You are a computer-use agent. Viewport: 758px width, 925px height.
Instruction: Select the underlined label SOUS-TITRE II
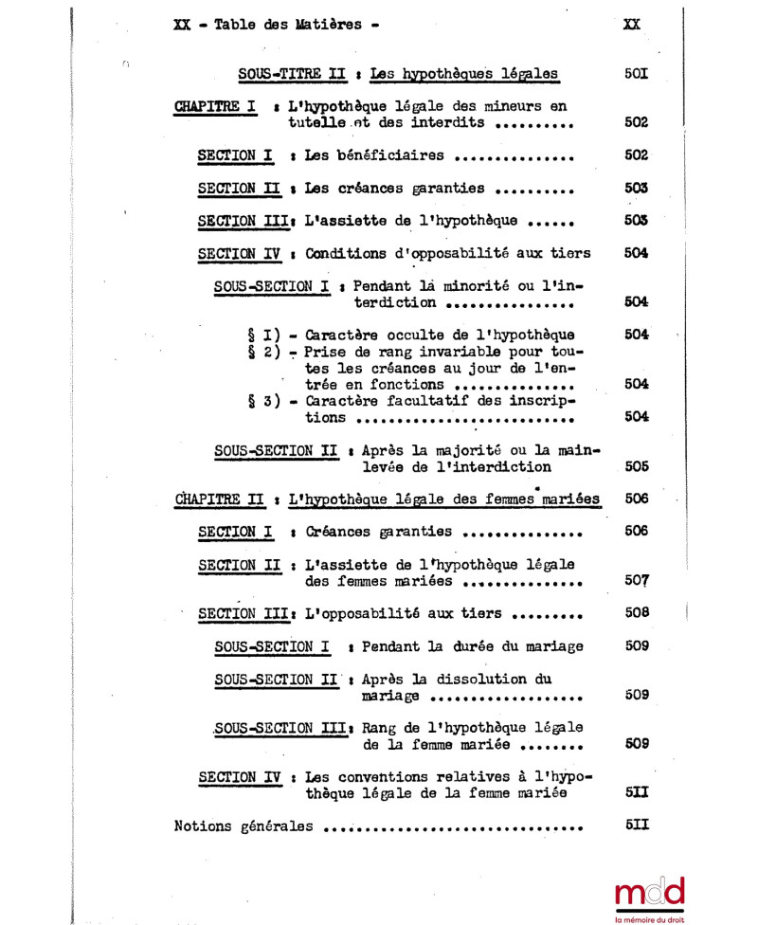point(287,73)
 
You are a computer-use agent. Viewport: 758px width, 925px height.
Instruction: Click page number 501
point(637,73)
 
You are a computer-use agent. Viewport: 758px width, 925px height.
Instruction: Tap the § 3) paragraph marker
point(261,401)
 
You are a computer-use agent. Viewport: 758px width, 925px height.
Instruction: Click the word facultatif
point(443,401)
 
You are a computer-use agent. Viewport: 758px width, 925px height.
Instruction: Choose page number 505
point(637,466)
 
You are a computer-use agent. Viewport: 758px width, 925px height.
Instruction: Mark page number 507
point(637,580)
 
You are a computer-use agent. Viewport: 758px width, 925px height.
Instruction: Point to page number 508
point(637,612)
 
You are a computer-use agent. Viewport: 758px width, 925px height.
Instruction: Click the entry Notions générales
point(244,825)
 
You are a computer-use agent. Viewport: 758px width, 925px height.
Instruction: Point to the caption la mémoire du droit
point(649,918)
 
